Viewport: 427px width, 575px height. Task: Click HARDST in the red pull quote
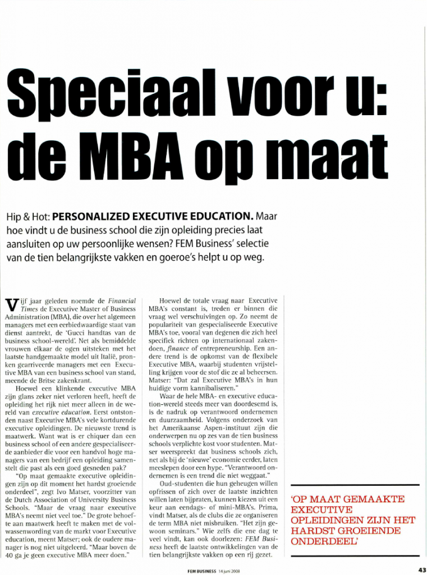click(315, 531)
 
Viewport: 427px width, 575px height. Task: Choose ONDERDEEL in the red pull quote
click(317, 542)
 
